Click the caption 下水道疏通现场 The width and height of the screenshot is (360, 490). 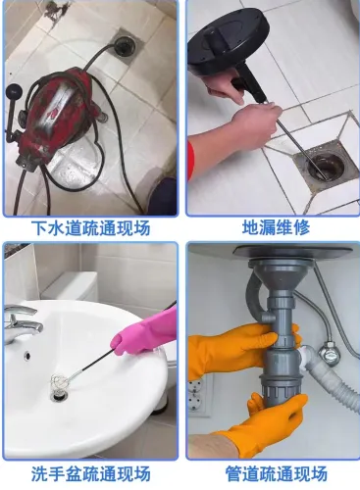91,227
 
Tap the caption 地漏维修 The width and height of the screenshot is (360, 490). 276,227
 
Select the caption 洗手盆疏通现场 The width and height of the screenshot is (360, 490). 91,473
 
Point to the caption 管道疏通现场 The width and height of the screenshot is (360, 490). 276,473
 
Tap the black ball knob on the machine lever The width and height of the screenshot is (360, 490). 14,90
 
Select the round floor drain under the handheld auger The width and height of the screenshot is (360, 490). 326,166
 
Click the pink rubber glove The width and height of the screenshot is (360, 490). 144,335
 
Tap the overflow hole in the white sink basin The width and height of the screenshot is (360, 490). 27,355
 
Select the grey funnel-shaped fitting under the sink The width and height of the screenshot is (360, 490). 279,274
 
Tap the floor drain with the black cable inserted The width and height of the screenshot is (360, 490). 124,46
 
